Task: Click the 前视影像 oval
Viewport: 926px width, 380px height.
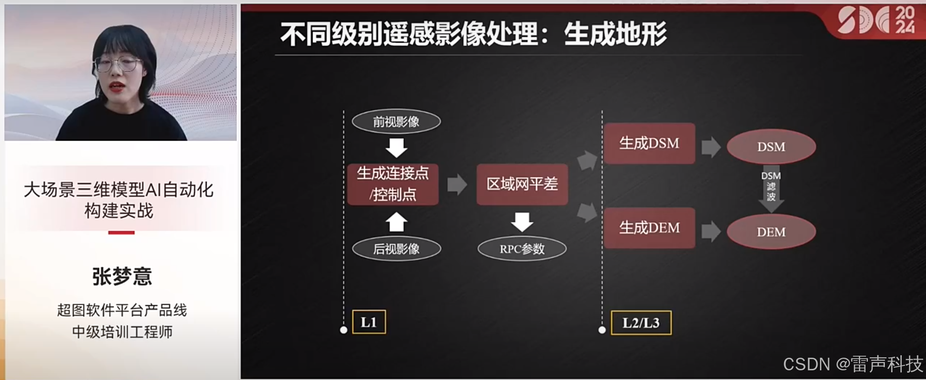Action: (x=396, y=122)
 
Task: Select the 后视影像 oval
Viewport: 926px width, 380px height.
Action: (x=396, y=249)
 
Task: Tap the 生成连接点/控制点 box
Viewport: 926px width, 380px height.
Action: (x=393, y=184)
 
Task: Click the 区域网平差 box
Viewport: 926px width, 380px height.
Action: (x=522, y=184)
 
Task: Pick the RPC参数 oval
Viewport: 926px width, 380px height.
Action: (x=522, y=249)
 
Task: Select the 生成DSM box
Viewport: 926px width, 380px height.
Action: (x=649, y=143)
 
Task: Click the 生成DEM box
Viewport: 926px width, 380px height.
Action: (x=649, y=228)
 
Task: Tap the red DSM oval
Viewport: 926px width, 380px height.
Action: (x=771, y=146)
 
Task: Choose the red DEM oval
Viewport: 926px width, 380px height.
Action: (x=771, y=232)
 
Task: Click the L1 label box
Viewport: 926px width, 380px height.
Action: (x=369, y=322)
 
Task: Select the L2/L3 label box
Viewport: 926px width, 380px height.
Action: (x=641, y=323)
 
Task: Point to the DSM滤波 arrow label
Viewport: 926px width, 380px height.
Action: (x=771, y=186)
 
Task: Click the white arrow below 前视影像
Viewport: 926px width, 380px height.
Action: (x=396, y=148)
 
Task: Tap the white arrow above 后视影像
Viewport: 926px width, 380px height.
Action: (x=396, y=223)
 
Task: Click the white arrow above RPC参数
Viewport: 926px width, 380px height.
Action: (x=522, y=222)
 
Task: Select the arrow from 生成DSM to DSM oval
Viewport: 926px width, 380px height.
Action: (x=710, y=147)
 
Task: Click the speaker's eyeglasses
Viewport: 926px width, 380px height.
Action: (x=117, y=64)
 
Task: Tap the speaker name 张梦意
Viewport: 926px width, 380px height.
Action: (x=122, y=276)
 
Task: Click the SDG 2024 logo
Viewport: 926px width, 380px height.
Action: (x=876, y=20)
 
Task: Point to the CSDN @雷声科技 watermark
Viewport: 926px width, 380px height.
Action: (x=853, y=364)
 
